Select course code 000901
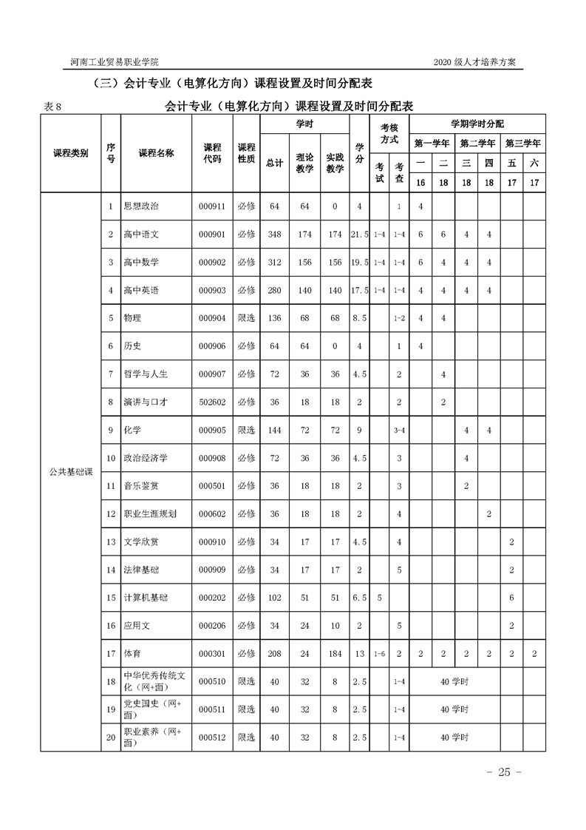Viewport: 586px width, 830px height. point(212,235)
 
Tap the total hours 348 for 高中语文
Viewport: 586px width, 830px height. point(275,235)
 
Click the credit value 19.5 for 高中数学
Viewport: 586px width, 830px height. point(360,263)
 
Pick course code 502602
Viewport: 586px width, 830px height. point(212,402)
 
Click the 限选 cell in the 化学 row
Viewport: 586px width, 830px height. point(246,431)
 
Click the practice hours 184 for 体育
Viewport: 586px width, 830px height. point(335,654)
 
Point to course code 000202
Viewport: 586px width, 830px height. point(212,598)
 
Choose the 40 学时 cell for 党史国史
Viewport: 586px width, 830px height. point(455,709)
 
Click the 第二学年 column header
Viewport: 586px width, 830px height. point(477,143)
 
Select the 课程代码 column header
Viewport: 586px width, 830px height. point(212,153)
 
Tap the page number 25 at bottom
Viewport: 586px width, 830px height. point(505,773)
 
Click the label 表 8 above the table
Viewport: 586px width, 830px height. point(56,107)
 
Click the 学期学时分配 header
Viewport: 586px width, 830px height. point(477,124)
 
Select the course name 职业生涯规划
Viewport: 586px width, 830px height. point(151,514)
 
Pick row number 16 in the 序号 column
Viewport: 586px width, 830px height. point(111,626)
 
